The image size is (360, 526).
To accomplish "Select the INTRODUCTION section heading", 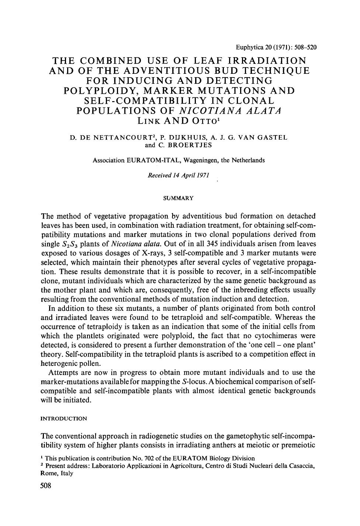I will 64,419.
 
